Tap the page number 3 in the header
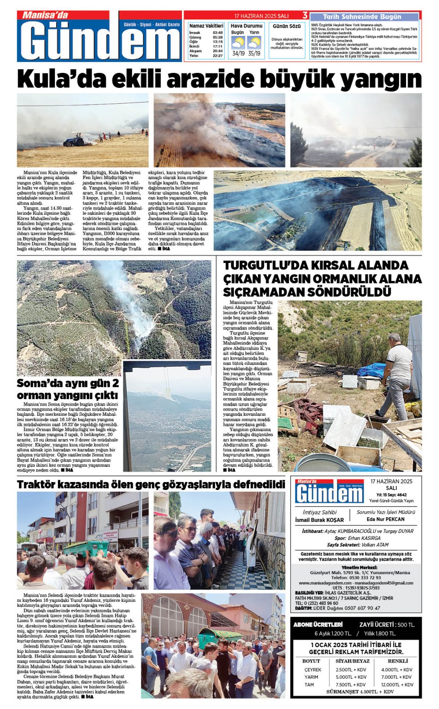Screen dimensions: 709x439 [305, 15]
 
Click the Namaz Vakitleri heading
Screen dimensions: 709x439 [206, 26]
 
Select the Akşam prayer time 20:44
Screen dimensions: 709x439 [217, 51]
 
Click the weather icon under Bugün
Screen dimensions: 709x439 [238, 43]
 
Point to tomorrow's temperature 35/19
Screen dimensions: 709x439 [254, 54]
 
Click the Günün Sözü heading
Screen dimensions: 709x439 [287, 26]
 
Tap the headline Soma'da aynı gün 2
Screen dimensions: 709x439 [68, 383]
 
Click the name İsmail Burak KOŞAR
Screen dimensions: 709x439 [319, 520]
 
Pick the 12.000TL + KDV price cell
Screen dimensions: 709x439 [397, 684]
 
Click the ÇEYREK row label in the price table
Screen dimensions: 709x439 [313, 669]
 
